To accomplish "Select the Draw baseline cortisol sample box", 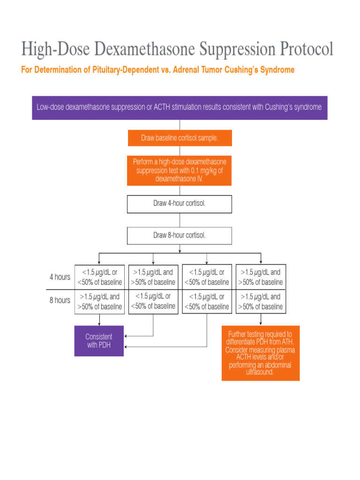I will pyautogui.click(x=180, y=138).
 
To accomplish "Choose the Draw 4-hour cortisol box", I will pyautogui.click(x=180, y=204).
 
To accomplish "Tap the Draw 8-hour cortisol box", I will pyautogui.click(x=180, y=235).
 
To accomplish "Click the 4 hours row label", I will pyautogui.click(x=60, y=277).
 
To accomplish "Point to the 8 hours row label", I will pyautogui.click(x=60, y=300).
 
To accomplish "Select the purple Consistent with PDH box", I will pyautogui.click(x=99, y=341).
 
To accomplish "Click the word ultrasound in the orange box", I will pyautogui.click(x=260, y=372).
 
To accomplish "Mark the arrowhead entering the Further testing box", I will pyautogui.click(x=261, y=323).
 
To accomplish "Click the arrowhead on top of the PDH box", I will pyautogui.click(x=99, y=323).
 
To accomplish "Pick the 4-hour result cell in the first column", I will pyautogui.click(x=99, y=277).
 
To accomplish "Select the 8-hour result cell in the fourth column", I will pyautogui.click(x=261, y=301).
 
